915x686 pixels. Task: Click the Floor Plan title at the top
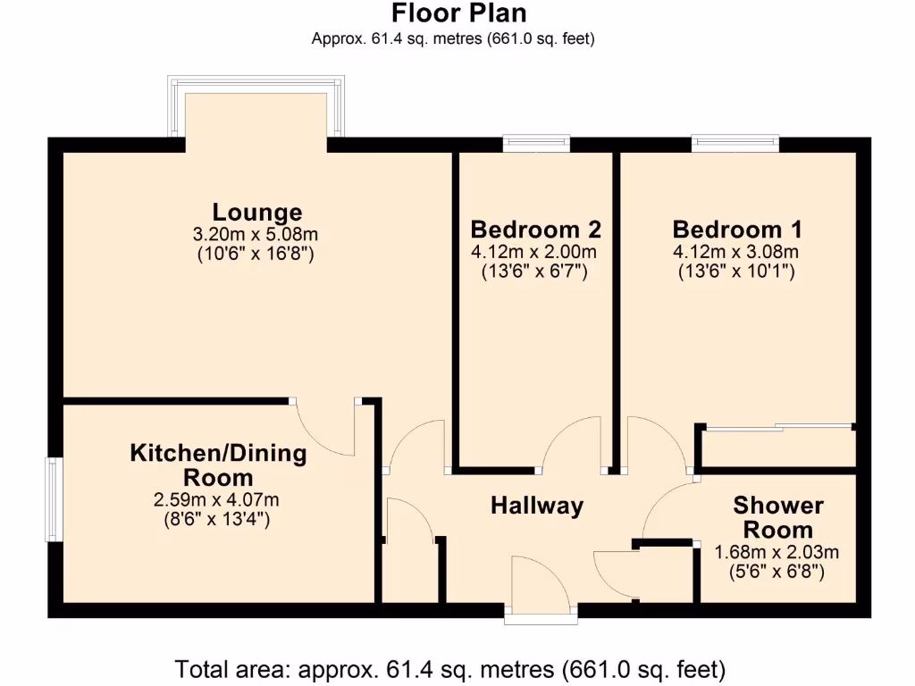point(458,14)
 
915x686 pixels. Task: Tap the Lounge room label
point(257,213)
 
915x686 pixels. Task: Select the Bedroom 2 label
point(535,229)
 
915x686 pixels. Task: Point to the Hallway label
point(537,506)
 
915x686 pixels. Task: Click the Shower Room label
point(778,517)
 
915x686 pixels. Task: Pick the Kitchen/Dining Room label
point(218,464)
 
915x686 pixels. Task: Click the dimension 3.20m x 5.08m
point(257,235)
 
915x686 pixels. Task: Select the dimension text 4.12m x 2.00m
point(535,252)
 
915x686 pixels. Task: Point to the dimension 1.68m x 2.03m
point(777,552)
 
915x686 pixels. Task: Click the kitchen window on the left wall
point(54,499)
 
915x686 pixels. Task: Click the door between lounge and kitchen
point(325,427)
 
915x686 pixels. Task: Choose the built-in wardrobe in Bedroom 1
point(776,447)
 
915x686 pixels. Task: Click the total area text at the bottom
point(449,668)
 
